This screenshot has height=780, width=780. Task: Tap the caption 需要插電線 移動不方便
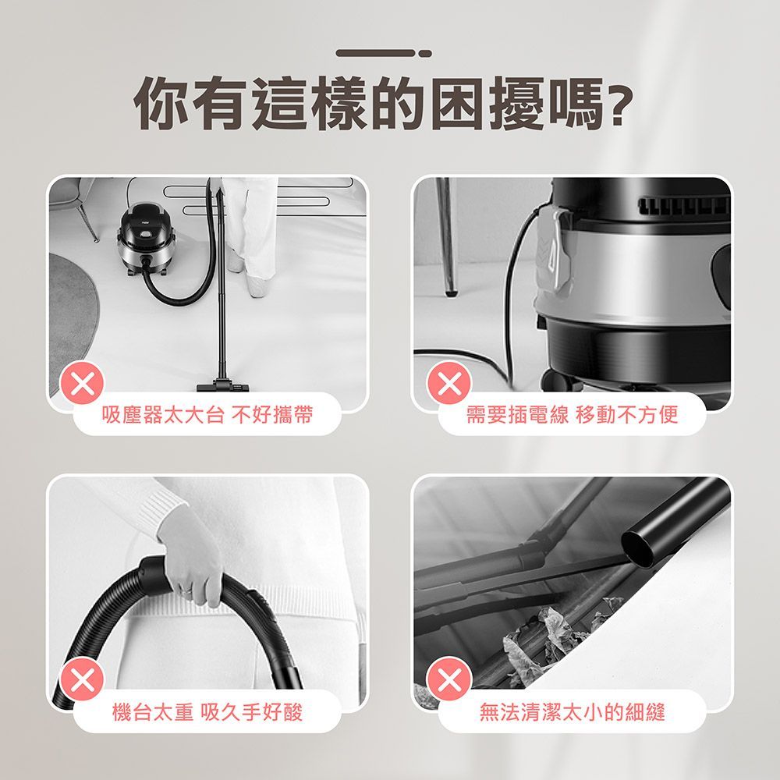[572, 416]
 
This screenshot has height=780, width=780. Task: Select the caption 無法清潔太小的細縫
[572, 711]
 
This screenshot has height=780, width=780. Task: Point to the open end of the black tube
[639, 548]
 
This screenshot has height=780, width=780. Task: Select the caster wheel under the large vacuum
[555, 381]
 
